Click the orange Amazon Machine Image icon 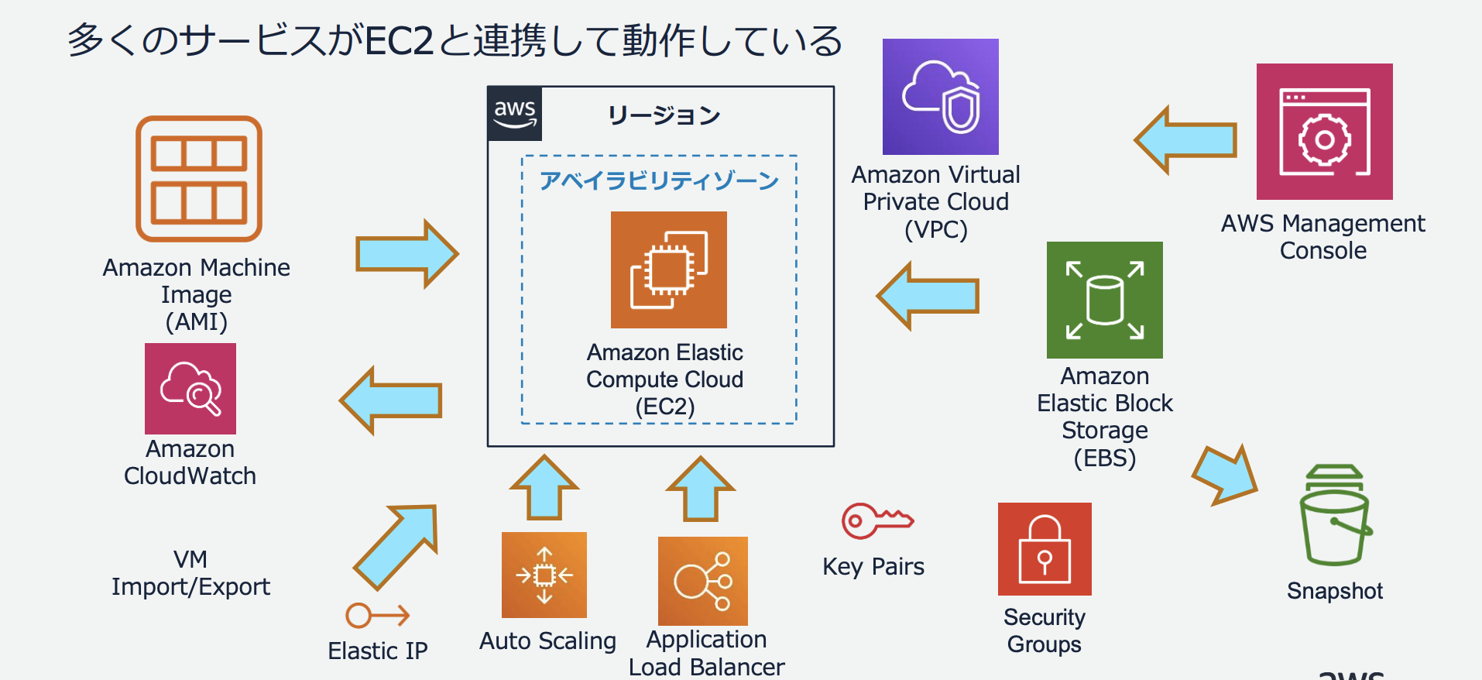coord(199,179)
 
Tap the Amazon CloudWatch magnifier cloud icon coord(190,389)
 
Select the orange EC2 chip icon coord(669,270)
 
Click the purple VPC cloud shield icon coord(941,97)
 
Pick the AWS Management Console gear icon coord(1324,132)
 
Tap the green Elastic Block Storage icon coord(1105,300)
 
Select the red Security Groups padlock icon coord(1045,549)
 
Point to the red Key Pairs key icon coord(877,520)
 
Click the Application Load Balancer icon coord(703,581)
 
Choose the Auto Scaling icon coord(544,575)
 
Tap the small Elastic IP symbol coord(377,616)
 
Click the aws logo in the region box coord(515,114)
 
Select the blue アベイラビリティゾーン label coord(659,180)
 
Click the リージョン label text coord(664,115)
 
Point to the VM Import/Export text coord(190,573)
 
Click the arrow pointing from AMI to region coord(407,254)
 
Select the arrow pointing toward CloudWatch coord(391,400)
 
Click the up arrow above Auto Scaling coord(544,488)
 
